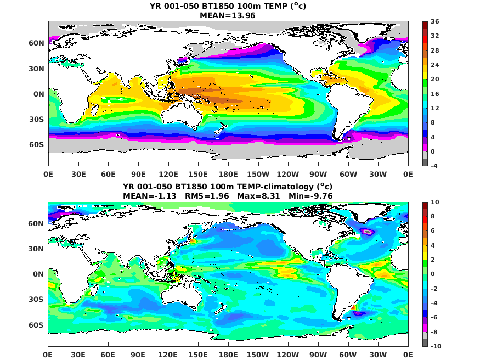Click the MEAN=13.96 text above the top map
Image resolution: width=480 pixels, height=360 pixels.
tap(228, 15)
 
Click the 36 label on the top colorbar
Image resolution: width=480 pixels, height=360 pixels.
tap(435, 22)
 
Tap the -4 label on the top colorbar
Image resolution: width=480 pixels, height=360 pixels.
tap(434, 166)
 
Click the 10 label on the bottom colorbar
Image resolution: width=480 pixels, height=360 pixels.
tap(435, 203)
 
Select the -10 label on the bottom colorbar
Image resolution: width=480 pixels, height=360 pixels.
tap(436, 346)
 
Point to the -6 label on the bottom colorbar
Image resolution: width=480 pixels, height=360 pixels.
tap(434, 318)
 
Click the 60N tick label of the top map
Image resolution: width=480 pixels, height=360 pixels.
tap(37, 43)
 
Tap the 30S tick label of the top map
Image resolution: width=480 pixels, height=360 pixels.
tap(37, 119)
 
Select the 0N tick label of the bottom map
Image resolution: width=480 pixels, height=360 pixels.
tap(39, 274)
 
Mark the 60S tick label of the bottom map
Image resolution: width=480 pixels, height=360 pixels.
tap(37, 325)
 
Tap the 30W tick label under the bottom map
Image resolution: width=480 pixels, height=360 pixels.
tap(378, 354)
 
